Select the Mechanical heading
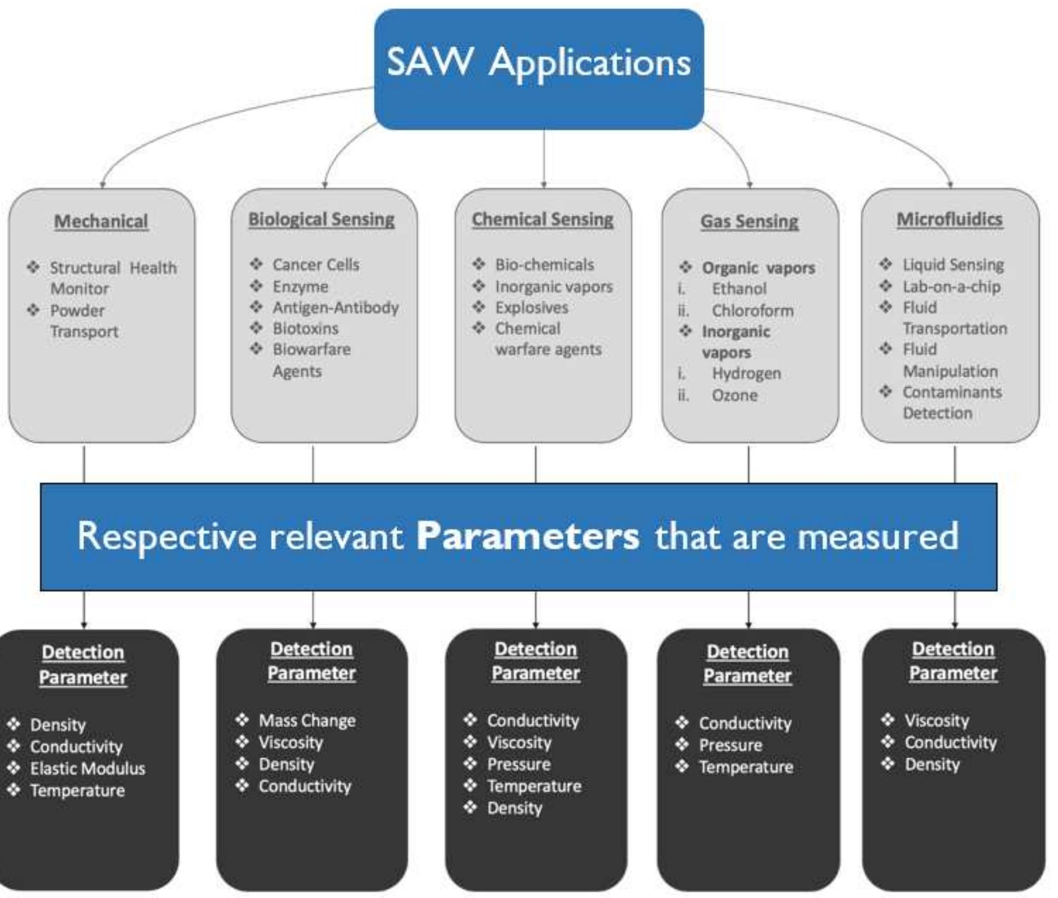pyautogui.click(x=101, y=221)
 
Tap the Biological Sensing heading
pyautogui.click(x=321, y=219)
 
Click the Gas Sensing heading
pyautogui.click(x=749, y=221)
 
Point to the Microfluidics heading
pyautogui.click(x=949, y=219)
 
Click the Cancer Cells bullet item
pyautogui.click(x=316, y=265)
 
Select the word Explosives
pyautogui.click(x=531, y=308)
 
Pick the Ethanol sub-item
pyautogui.click(x=739, y=289)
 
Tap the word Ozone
pyautogui.click(x=734, y=395)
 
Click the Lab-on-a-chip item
pyautogui.click(x=951, y=287)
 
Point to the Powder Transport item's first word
pyautogui.click(x=77, y=310)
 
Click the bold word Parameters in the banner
pyautogui.click(x=527, y=536)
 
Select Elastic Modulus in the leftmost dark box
pyautogui.click(x=87, y=768)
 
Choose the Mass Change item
pyautogui.click(x=307, y=720)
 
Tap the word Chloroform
pyautogui.click(x=752, y=311)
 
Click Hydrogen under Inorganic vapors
pyautogui.click(x=746, y=374)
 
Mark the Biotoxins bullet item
pyautogui.click(x=305, y=329)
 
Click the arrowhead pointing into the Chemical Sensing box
pyautogui.click(x=544, y=184)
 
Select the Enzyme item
pyautogui.click(x=300, y=287)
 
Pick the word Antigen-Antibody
pyautogui.click(x=335, y=308)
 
